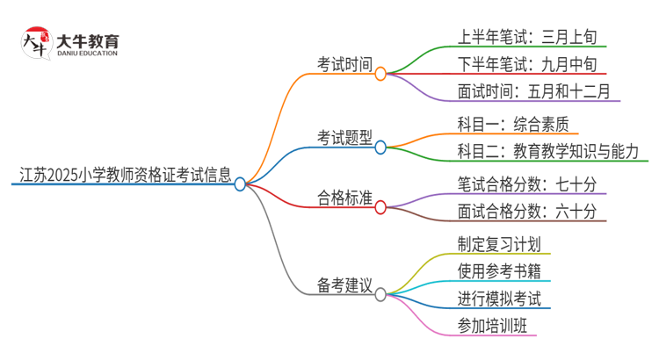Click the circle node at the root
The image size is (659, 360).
(240, 184)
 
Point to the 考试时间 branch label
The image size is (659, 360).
(344, 64)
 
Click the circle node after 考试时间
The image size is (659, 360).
(380, 75)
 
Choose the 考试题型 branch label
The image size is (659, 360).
(344, 138)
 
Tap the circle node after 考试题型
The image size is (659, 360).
(380, 148)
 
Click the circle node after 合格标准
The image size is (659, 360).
(380, 207)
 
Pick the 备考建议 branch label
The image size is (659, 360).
(344, 285)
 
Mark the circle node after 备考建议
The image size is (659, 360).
(380, 295)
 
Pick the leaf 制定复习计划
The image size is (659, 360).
(499, 244)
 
